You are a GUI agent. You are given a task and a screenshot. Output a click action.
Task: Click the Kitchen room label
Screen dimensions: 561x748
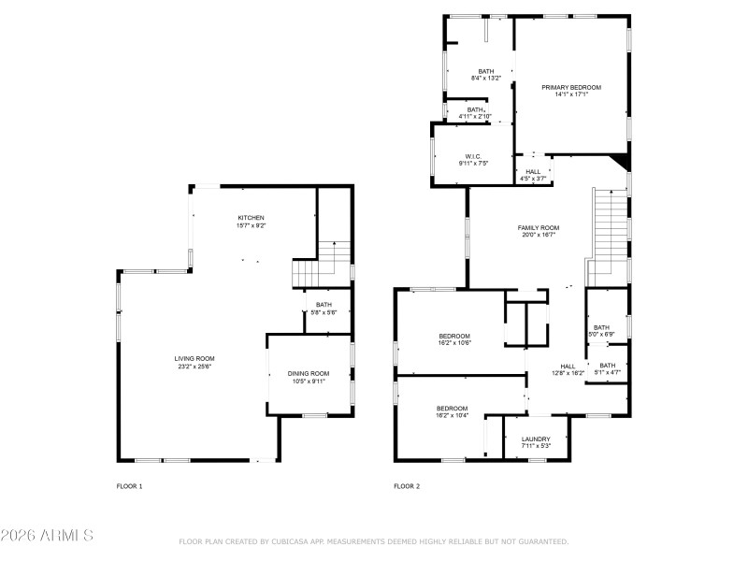pos(251,218)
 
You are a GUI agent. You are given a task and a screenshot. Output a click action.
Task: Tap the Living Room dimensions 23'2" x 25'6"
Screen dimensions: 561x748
pos(194,367)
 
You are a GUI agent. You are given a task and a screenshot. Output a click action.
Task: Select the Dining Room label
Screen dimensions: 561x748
pos(308,373)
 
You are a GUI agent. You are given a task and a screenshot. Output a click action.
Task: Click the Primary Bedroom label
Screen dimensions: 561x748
pos(571,87)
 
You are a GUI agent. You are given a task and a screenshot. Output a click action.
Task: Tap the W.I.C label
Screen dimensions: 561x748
pos(472,156)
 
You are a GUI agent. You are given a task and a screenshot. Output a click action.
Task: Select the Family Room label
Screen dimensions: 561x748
pos(539,228)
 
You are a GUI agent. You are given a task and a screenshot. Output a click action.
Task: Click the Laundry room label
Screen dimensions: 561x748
pos(536,439)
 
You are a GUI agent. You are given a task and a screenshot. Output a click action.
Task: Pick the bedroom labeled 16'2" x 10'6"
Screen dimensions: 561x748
pos(454,336)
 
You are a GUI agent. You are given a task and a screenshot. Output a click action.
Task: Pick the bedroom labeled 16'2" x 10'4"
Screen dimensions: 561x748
pos(453,408)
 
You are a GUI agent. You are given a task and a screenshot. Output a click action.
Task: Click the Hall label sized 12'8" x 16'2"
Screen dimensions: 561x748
pos(568,367)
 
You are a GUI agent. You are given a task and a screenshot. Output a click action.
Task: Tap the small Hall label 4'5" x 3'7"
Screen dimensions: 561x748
pos(533,172)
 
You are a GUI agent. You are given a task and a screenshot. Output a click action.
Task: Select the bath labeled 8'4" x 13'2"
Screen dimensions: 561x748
pos(486,71)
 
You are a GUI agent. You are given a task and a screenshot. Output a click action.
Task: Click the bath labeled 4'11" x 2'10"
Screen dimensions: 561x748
pos(476,109)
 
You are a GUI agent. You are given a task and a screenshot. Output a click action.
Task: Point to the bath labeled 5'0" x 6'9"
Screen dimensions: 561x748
pos(600,327)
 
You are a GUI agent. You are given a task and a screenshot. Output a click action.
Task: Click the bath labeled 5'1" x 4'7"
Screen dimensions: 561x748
pos(608,366)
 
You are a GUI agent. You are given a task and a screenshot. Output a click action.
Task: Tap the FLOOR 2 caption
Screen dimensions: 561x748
pos(407,486)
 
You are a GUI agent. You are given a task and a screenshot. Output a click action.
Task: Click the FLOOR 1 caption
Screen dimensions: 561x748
pos(129,486)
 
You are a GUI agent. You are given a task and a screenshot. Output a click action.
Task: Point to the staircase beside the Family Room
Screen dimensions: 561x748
pos(608,234)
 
